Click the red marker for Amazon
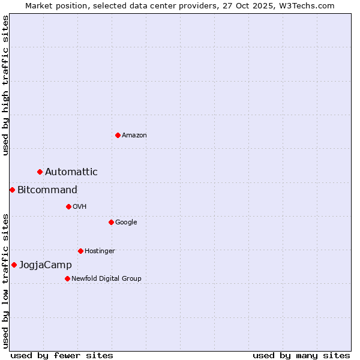[x=118, y=135]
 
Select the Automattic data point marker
[x=40, y=172]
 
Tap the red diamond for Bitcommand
[x=12, y=190]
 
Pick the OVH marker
[x=68, y=207]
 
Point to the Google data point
[x=111, y=223]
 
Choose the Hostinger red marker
[x=80, y=251]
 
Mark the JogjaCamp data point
[x=14, y=265]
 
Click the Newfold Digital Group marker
[x=67, y=278]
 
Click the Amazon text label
[x=134, y=136]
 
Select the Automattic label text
[x=71, y=172]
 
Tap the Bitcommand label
[x=47, y=190]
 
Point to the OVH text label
[x=80, y=207]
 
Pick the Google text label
[x=126, y=223]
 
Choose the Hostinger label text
[x=100, y=251]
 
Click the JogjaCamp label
[x=46, y=265]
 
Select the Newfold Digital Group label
[x=106, y=278]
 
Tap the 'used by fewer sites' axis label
[x=62, y=356]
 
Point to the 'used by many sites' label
[x=301, y=356]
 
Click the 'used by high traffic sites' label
[x=5, y=85]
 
